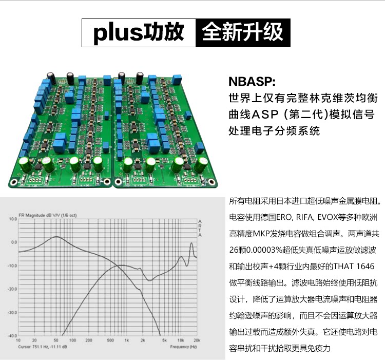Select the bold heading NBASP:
click(x=252, y=82)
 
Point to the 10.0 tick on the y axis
click(x=13, y=219)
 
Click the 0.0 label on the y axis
click(x=14, y=242)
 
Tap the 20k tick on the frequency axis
click(x=196, y=340)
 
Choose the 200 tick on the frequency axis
click(x=89, y=340)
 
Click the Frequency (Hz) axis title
click(x=183, y=347)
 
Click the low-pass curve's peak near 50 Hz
click(x=55, y=237)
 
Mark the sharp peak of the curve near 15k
click(x=191, y=243)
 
